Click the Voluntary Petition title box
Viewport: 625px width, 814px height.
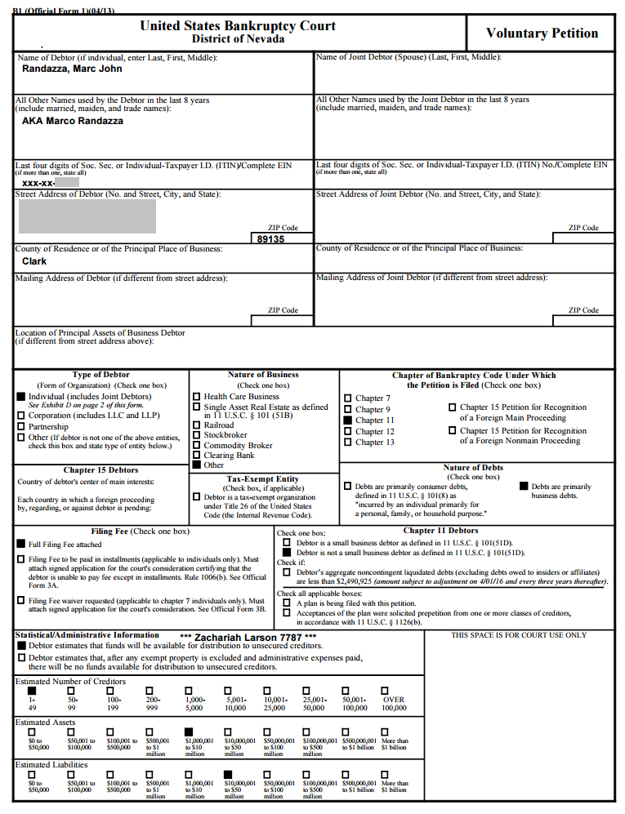point(542,33)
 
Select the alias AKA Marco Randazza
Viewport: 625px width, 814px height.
point(73,121)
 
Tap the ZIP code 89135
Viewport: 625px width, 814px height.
point(270,239)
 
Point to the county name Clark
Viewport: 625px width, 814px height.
point(34,261)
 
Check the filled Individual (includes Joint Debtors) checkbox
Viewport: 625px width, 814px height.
point(21,396)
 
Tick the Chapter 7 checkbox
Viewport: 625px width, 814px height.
point(348,398)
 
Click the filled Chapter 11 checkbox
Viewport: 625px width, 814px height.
point(348,420)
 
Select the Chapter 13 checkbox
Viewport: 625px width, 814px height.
point(348,443)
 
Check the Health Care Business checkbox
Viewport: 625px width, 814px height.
point(196,397)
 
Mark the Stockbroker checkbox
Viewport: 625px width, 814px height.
point(196,435)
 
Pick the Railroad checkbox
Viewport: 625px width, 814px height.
point(196,425)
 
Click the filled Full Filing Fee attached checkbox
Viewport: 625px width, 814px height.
point(21,544)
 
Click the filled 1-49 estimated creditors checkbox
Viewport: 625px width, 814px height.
point(32,691)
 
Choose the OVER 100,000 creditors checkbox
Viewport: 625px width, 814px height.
point(387,691)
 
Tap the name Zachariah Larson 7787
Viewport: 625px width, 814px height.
point(248,636)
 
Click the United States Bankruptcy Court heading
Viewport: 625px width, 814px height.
point(238,26)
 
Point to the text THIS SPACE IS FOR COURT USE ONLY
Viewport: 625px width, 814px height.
point(519,635)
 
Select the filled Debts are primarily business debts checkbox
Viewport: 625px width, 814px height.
point(525,487)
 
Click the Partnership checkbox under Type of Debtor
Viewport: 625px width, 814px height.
point(21,426)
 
